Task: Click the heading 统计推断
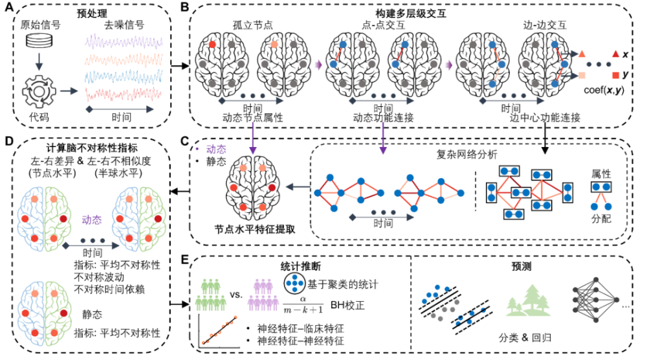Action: [298, 265]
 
